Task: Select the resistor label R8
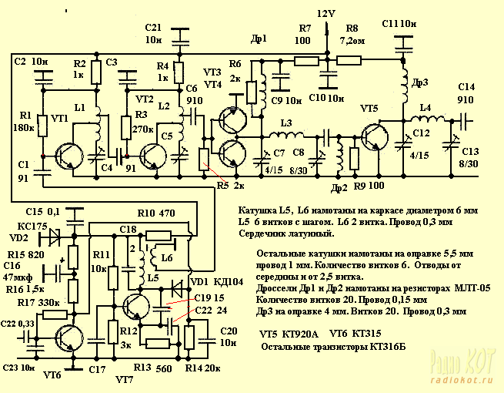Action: pyautogui.click(x=352, y=28)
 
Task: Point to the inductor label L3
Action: pyautogui.click(x=286, y=123)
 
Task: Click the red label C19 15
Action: pyautogui.click(x=210, y=297)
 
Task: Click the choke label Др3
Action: pyautogui.click(x=419, y=83)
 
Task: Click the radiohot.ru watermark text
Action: pyautogui.click(x=462, y=381)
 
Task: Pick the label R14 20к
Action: pyautogui.click(x=207, y=368)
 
